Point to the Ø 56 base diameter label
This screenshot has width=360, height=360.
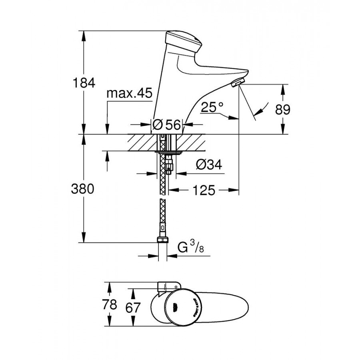(167, 125)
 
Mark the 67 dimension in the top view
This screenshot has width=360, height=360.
(133, 308)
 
